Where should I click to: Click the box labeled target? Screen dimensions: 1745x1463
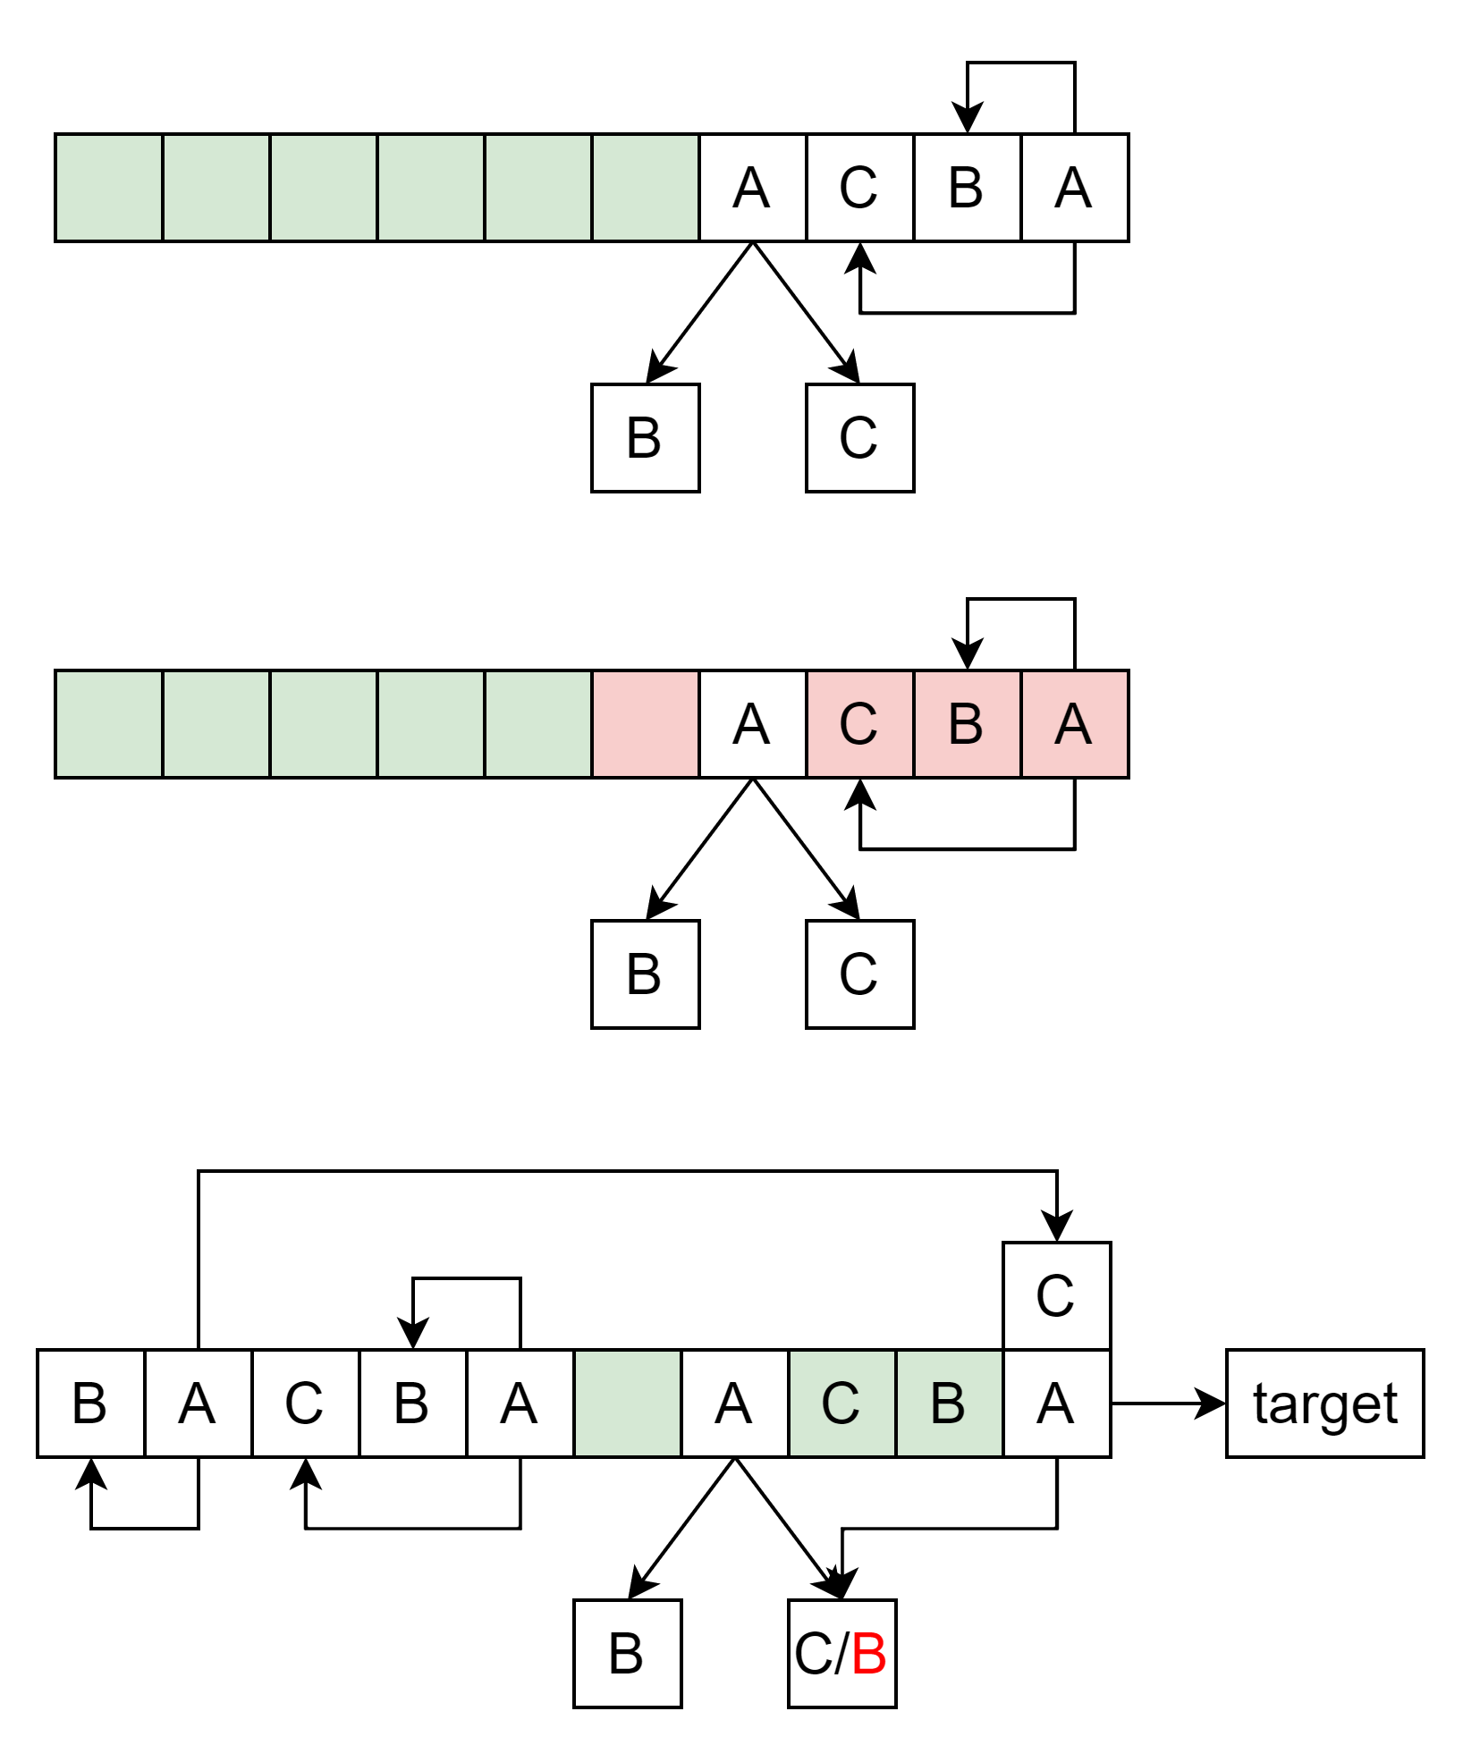[1324, 1403]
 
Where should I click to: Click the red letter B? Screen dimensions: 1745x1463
[868, 1654]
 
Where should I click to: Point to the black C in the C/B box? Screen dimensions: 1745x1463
[813, 1654]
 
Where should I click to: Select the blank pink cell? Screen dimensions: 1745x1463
[645, 724]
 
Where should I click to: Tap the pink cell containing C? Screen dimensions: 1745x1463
[859, 724]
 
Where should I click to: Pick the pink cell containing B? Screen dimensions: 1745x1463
[967, 724]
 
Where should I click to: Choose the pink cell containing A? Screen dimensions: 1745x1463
[1074, 724]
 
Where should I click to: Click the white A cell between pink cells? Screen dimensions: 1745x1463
[752, 724]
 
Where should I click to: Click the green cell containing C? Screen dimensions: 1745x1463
[841, 1404]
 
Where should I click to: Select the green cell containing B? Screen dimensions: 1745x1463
[949, 1404]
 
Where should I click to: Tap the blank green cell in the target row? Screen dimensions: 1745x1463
[627, 1404]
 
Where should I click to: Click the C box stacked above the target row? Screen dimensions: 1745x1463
[1056, 1295]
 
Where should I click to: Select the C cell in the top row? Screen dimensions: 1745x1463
[859, 188]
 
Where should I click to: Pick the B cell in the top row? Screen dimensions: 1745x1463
[967, 188]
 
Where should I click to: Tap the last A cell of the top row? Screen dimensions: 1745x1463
[1074, 188]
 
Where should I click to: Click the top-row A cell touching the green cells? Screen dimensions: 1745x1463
[752, 188]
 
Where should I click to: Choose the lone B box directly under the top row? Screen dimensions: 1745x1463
[645, 438]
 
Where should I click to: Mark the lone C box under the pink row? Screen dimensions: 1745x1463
[859, 974]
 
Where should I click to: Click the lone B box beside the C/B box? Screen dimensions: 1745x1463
[627, 1654]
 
